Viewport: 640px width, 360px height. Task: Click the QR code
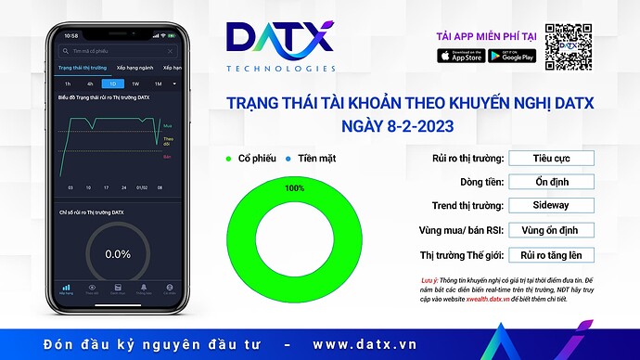[568, 45]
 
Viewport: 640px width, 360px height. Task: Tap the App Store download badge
[461, 56]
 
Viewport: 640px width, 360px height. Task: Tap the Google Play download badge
[511, 56]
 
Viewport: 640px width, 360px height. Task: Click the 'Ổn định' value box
[550, 181]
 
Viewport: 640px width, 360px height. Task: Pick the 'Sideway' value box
[550, 205]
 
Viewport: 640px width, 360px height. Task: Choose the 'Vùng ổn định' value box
[550, 229]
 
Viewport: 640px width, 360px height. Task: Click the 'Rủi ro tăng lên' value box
[550, 254]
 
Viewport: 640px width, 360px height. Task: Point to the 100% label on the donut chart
[295, 188]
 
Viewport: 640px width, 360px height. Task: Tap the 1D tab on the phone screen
[112, 84]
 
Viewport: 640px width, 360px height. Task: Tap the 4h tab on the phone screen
[90, 84]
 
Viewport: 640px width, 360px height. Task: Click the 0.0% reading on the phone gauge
[118, 253]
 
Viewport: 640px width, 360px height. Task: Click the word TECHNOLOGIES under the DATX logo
[280, 69]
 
